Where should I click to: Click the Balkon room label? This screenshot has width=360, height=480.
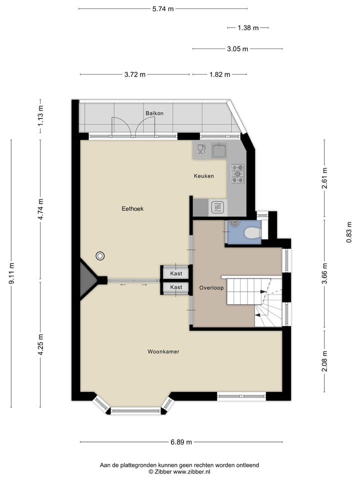pos(154,113)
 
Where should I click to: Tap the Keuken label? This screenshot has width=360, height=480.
pos(204,176)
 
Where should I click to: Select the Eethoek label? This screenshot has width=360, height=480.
pos(132,208)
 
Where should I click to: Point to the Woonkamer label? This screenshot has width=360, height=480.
pos(163,352)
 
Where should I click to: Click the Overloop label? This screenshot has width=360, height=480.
pos(210,288)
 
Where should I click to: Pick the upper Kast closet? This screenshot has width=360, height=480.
pos(176,273)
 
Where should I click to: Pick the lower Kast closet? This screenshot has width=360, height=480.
pos(176,287)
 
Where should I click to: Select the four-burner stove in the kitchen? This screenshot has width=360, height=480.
pos(237,172)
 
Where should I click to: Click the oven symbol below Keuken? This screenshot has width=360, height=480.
pos(217,206)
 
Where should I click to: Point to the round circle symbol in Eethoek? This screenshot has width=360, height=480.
pos(101,256)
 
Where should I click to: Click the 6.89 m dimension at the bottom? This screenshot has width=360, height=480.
pos(181,442)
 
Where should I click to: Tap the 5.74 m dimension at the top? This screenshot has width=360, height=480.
pos(163,8)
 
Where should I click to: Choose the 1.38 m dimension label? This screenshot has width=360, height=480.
pos(248,28)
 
